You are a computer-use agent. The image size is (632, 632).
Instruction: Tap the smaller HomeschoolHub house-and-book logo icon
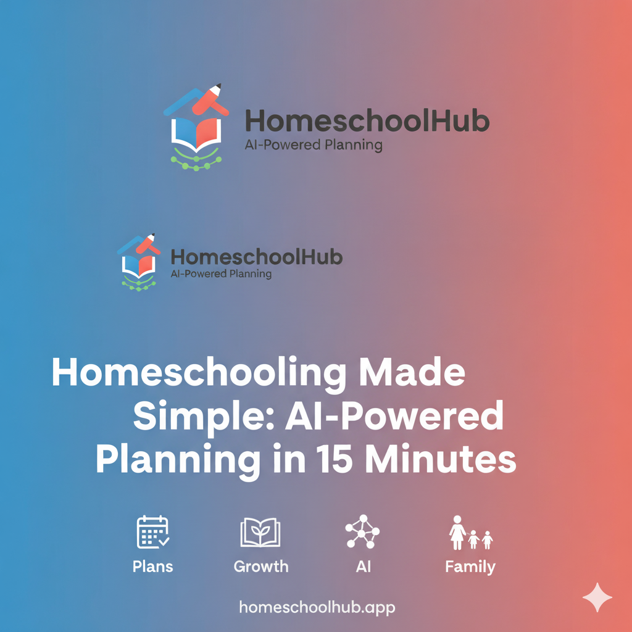[x=138, y=262]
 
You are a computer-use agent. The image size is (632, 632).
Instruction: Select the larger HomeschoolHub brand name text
[x=367, y=121]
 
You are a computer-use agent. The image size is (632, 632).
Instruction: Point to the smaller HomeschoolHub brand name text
[x=256, y=257]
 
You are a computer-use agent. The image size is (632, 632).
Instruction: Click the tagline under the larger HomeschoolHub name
[x=314, y=146]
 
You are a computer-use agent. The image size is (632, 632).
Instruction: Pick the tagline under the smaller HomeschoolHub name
[x=221, y=273]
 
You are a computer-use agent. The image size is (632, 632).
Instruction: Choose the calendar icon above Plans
[x=152, y=532]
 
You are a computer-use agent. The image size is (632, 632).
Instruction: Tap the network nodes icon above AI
[x=362, y=531]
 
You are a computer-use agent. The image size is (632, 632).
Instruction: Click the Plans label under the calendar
[x=152, y=566]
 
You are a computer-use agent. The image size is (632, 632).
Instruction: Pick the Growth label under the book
[x=261, y=567]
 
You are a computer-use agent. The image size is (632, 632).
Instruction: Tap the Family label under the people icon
[x=470, y=567]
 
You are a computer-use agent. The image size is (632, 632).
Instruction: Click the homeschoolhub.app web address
[x=317, y=607]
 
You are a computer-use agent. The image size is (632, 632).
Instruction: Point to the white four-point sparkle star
[x=597, y=597]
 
